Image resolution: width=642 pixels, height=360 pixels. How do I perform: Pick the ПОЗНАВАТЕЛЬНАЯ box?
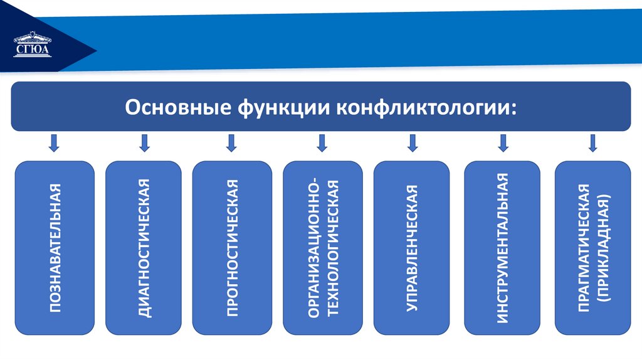55,248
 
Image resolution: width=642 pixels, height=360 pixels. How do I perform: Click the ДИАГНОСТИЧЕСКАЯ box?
144,248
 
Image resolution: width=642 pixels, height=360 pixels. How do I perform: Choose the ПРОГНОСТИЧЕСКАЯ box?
231,248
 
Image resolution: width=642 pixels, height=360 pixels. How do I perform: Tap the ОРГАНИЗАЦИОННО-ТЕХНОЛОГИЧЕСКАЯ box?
322,248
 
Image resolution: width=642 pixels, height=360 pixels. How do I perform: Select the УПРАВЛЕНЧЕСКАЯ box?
412,248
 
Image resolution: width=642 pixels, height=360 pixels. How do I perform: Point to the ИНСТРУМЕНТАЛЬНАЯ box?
502,248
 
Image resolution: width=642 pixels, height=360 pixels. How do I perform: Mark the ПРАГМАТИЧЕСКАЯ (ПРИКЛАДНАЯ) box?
592,248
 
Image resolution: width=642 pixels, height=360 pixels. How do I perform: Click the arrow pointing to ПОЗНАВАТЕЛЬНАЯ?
54,144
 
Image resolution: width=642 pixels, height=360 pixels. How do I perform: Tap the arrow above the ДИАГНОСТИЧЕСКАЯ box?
145,144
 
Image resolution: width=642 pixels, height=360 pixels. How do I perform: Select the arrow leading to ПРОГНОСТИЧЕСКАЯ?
231,144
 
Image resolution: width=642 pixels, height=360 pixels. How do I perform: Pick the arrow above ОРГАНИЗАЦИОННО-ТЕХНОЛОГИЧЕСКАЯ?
322,144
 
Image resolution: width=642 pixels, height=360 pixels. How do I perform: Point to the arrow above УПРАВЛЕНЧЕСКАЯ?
412,144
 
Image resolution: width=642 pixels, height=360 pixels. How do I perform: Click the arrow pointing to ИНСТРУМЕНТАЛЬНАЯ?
502,144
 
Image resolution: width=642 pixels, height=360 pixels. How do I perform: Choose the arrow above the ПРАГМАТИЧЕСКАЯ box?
592,144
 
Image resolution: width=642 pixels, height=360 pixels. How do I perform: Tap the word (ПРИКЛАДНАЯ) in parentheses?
603,248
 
